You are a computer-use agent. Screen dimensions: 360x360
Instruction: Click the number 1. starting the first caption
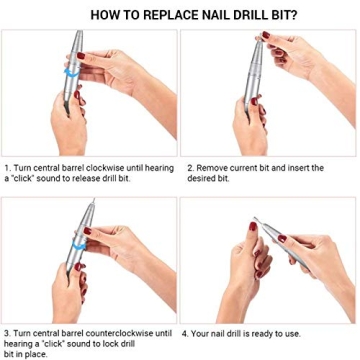tap(8, 167)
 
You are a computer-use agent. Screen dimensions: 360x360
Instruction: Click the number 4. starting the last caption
tap(186, 333)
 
